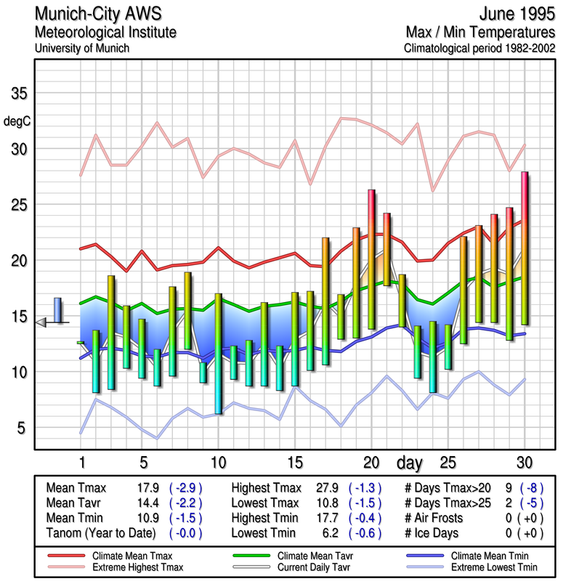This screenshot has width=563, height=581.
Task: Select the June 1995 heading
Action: (x=517, y=14)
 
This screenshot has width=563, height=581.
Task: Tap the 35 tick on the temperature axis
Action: (x=20, y=94)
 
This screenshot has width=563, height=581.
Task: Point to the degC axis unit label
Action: (x=17, y=121)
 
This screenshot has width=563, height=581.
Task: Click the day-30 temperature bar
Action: (x=524, y=248)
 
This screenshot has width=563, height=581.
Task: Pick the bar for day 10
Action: (x=218, y=354)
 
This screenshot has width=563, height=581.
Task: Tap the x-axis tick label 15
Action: (x=294, y=462)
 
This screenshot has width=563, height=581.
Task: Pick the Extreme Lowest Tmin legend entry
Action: (x=495, y=566)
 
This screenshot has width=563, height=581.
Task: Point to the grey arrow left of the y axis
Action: (x=41, y=322)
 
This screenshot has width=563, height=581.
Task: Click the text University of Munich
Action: (x=81, y=48)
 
